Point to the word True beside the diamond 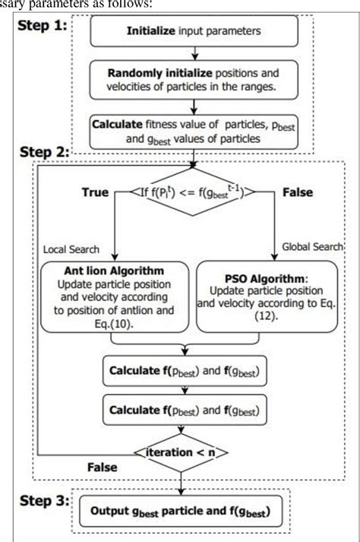pyautogui.click(x=96, y=193)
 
